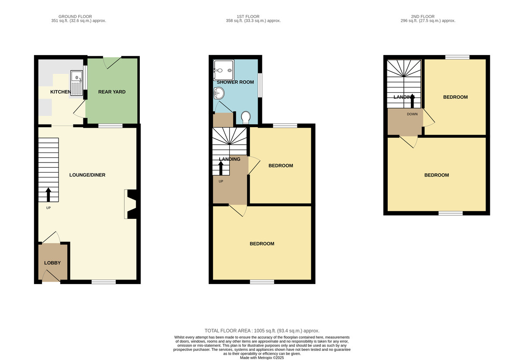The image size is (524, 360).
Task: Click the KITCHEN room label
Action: click(61, 92)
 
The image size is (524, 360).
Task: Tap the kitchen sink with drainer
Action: click(76, 83)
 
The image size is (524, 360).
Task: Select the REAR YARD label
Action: click(112, 92)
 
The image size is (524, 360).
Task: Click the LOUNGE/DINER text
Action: click(87, 175)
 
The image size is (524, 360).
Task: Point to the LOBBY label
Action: click(52, 263)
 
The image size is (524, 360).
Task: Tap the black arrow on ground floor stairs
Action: click(48, 194)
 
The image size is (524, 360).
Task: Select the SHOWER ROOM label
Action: click(235, 82)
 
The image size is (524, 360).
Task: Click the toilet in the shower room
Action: click(246, 118)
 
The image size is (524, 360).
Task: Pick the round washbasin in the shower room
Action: click(219, 93)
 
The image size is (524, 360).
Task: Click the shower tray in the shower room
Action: click(224, 70)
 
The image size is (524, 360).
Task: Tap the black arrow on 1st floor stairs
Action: click(221, 168)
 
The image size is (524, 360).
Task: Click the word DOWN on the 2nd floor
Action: click(412, 114)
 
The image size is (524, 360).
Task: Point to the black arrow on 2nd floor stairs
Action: click(412, 101)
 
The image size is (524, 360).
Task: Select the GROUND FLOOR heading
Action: click(75, 17)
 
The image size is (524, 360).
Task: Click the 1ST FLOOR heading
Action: click(248, 17)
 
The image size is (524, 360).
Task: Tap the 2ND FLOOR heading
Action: click(423, 17)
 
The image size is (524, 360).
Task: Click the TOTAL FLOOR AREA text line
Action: click(262, 331)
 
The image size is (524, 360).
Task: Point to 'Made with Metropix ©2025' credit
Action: click(262, 358)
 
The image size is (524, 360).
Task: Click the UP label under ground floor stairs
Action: click(48, 208)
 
